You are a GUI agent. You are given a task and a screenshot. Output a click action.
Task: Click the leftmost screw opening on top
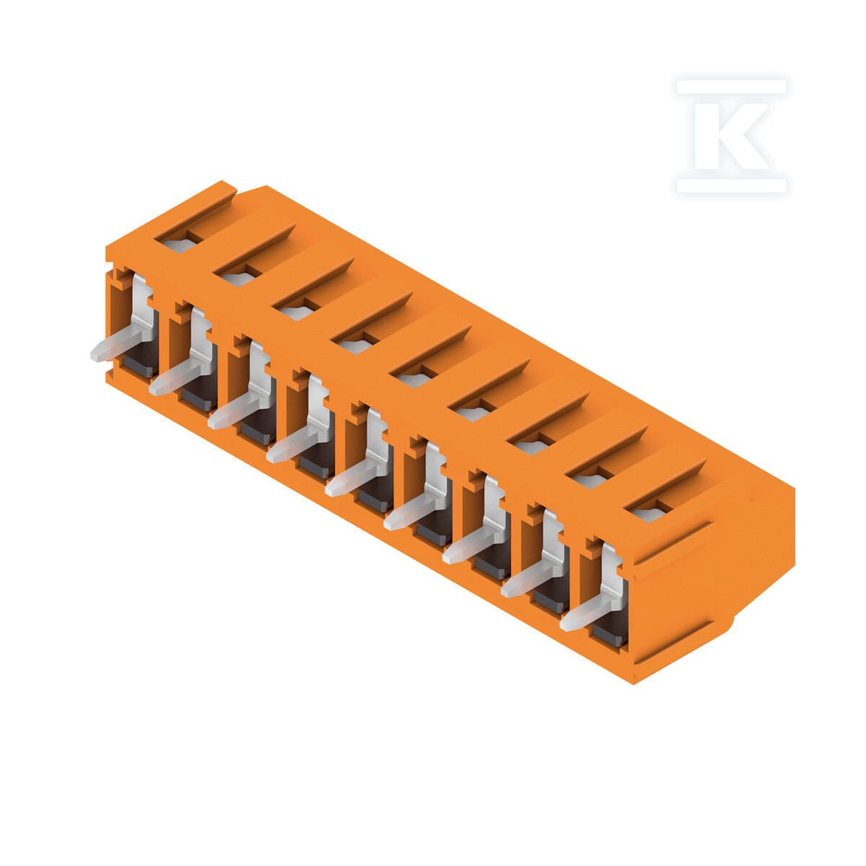(178, 244)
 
